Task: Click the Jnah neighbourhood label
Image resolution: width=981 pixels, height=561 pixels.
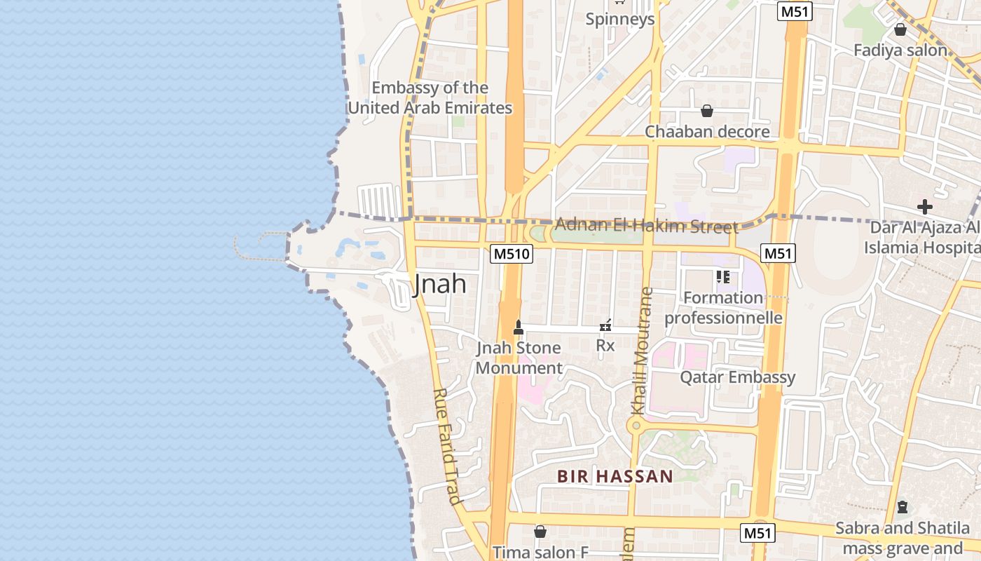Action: tap(440, 284)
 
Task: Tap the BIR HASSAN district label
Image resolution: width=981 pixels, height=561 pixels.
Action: tap(615, 477)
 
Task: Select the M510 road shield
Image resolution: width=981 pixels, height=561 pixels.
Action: tap(512, 253)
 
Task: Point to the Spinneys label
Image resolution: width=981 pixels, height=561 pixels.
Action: tap(620, 19)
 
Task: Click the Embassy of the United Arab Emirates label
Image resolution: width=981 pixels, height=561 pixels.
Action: tap(430, 98)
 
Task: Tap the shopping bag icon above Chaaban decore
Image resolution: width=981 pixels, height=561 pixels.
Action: tap(706, 111)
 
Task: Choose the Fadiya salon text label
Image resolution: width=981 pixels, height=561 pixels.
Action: tap(900, 50)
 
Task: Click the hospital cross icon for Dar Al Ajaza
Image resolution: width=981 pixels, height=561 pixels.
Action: tap(925, 207)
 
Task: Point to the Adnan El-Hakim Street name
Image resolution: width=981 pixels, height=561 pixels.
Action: tap(646, 226)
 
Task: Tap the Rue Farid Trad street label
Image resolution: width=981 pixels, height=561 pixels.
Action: tap(446, 447)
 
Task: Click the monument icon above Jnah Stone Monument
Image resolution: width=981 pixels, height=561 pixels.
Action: tap(519, 327)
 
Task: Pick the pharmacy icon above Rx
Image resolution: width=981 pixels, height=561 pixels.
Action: tap(605, 325)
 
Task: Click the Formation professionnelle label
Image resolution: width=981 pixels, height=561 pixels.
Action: tap(723, 308)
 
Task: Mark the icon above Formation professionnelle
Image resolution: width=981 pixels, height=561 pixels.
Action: tap(723, 277)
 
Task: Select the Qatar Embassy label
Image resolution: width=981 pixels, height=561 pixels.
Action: tap(737, 377)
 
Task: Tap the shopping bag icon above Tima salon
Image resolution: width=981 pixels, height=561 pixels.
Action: tap(540, 532)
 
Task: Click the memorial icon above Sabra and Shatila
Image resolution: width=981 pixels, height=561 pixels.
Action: tap(903, 506)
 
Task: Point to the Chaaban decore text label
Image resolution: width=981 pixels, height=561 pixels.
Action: tap(706, 132)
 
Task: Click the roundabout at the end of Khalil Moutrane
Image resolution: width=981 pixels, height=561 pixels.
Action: tap(636, 425)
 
